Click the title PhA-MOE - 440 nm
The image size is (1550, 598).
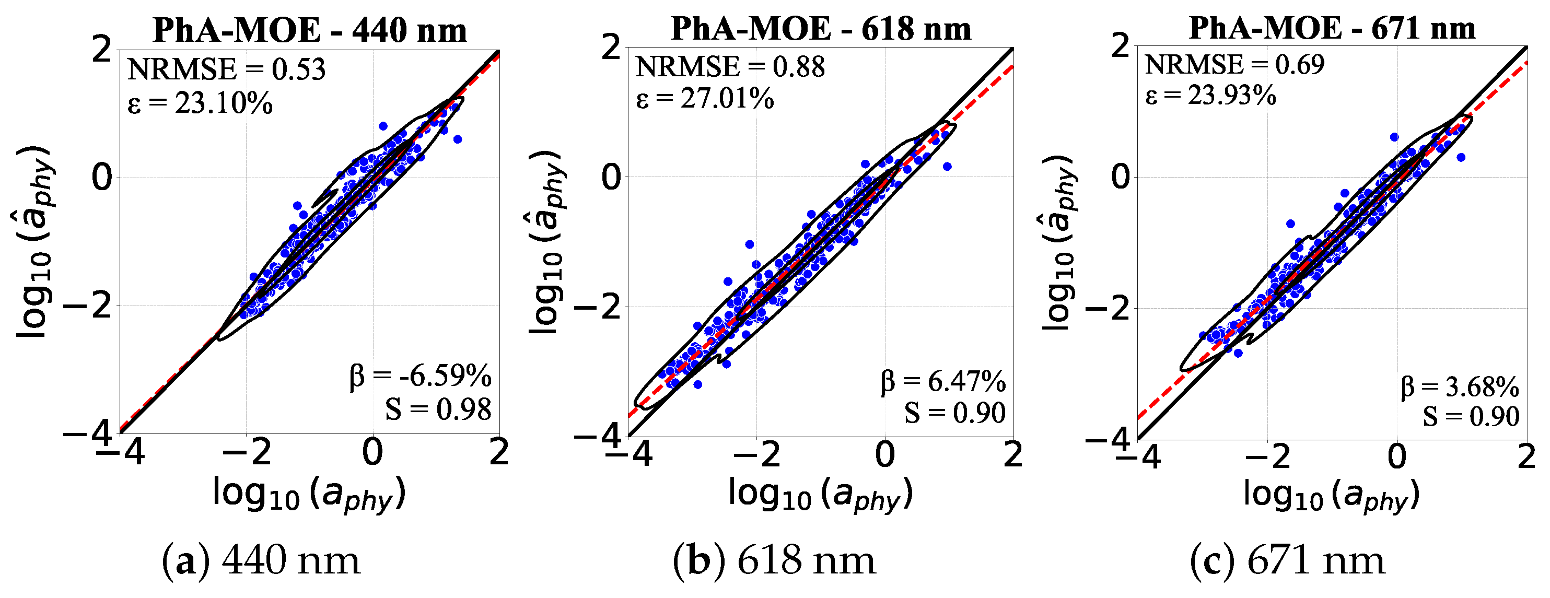coord(309,30)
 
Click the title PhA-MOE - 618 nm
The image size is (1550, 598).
coord(821,28)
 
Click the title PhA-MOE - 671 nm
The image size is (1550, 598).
coord(1332,28)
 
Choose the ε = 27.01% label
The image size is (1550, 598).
coord(705,98)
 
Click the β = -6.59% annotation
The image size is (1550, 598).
coord(420,377)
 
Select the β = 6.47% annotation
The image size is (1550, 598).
coord(943,381)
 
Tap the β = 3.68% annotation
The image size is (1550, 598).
coord(1460,387)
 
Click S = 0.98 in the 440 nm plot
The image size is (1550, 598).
coord(438,409)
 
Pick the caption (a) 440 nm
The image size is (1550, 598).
coord(261,561)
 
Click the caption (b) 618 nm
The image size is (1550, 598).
coord(774,561)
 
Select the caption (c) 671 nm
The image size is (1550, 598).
coord(1287,561)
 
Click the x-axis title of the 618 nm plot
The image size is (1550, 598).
coord(820,495)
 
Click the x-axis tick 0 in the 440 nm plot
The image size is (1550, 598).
coord(372,452)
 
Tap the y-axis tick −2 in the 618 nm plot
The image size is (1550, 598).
coord(596,308)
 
